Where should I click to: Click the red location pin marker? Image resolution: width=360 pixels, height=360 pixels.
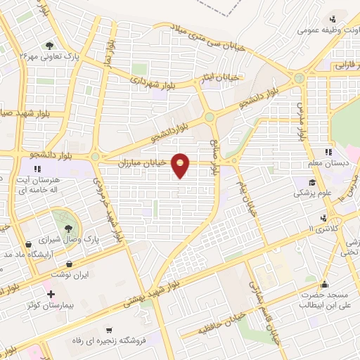point(181,165)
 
